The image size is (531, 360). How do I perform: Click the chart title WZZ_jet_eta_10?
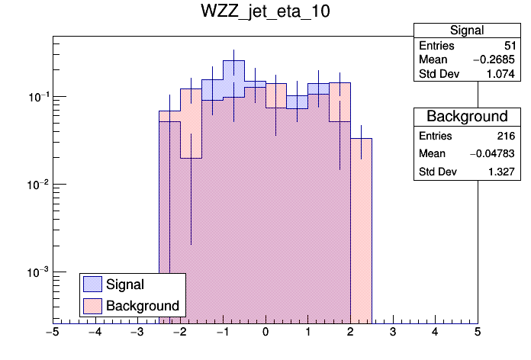point(265,13)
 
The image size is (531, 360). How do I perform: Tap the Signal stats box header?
point(466,31)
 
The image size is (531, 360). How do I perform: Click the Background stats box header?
point(466,116)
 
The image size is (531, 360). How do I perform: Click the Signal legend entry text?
point(125,284)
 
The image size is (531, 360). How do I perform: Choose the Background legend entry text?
point(143,306)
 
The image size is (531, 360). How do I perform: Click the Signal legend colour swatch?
point(93,284)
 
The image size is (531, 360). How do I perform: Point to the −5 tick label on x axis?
point(52,333)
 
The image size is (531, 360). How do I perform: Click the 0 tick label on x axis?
point(265,333)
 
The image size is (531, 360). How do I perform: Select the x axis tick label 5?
point(478,333)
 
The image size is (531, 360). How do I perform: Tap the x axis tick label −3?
point(137,333)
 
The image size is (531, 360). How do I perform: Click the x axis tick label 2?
point(350,333)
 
